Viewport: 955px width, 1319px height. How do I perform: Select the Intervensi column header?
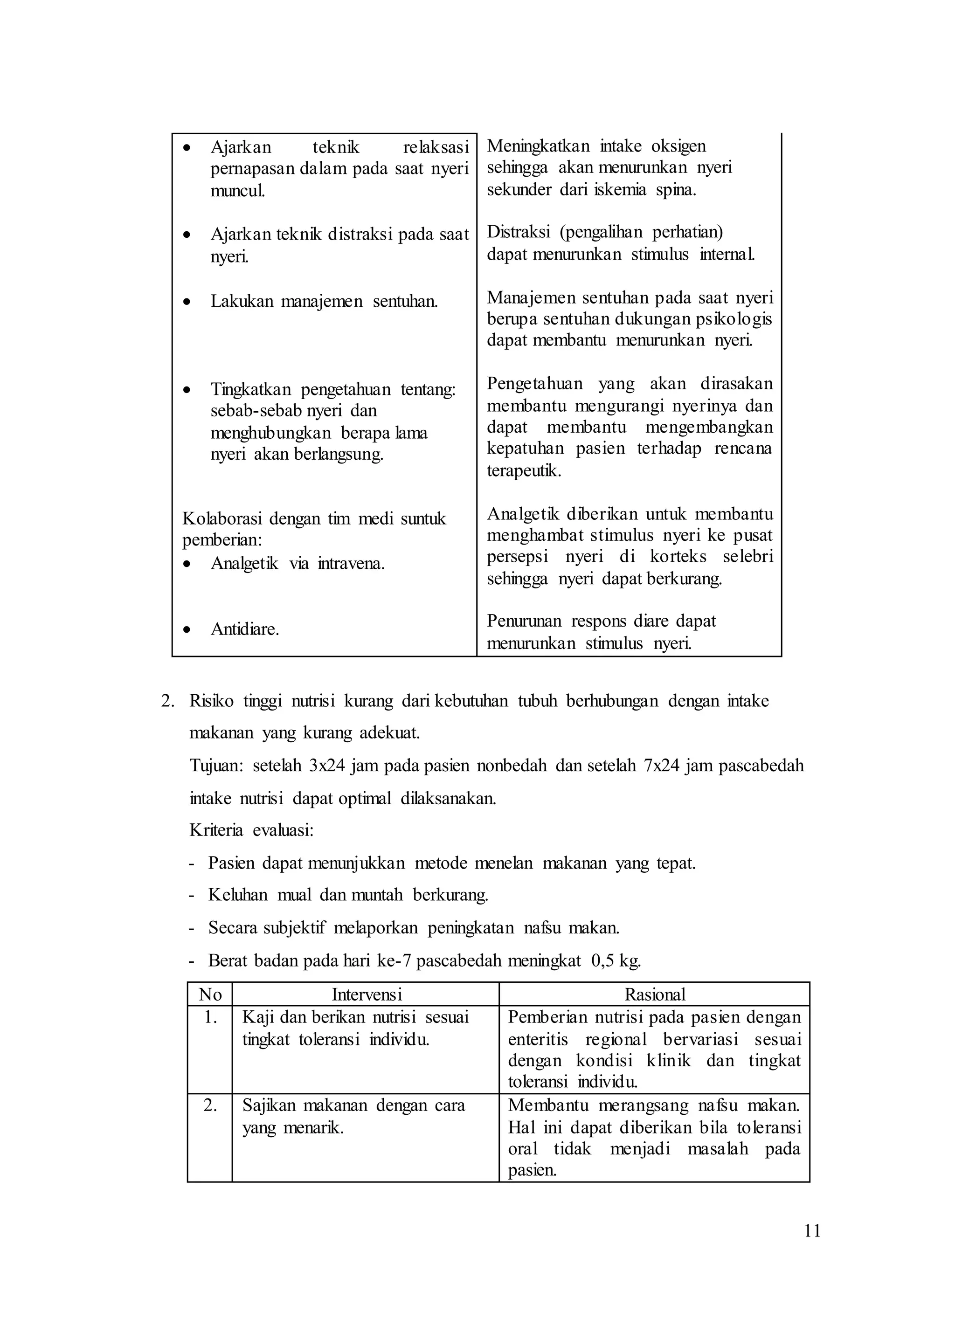[x=367, y=994]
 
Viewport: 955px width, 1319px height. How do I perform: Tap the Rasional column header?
[x=654, y=994]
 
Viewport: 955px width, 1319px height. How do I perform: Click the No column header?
[x=210, y=994]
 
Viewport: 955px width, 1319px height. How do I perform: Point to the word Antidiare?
[x=244, y=629]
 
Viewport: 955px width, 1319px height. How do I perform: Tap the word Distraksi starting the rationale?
[x=518, y=232]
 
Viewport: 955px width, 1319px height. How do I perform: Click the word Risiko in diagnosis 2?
[x=211, y=701]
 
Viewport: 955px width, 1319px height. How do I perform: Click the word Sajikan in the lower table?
[x=268, y=1105]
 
